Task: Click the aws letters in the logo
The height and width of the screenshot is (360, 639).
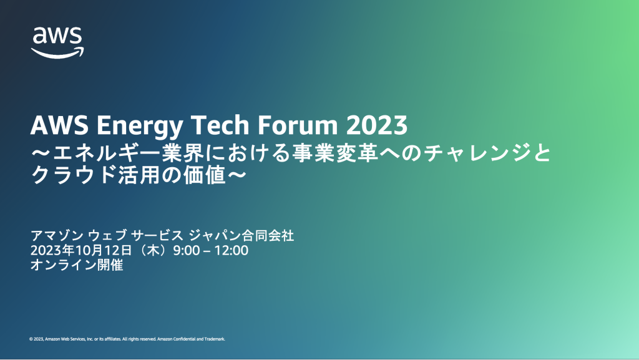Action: [x=57, y=36]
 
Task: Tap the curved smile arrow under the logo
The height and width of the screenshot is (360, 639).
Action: [x=57, y=53]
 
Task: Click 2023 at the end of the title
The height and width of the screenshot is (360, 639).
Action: [x=377, y=125]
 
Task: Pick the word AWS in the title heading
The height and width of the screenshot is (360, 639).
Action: [x=59, y=125]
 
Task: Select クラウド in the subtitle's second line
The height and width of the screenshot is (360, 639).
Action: [x=74, y=175]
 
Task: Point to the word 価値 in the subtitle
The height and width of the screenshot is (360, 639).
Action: [x=204, y=175]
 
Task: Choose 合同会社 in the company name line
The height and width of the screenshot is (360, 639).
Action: [x=268, y=235]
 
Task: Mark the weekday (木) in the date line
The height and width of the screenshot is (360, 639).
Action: [x=153, y=250]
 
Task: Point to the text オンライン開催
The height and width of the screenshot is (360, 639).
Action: [x=77, y=265]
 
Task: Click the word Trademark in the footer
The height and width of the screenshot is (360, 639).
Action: [x=215, y=339]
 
